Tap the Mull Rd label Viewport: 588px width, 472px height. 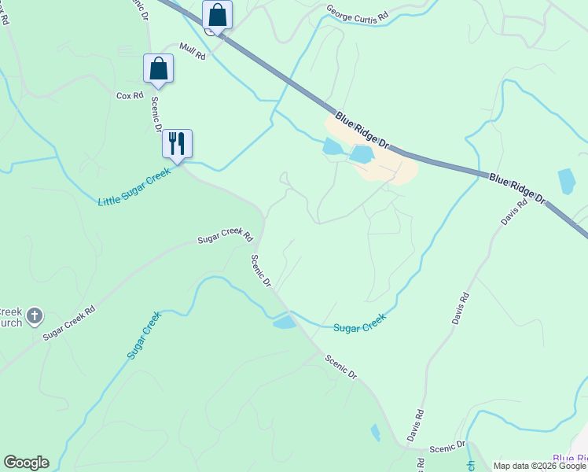[192, 51]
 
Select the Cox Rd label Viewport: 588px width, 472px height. [130, 96]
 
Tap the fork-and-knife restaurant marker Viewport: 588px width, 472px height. [177, 143]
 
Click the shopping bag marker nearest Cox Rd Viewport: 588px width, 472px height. [158, 68]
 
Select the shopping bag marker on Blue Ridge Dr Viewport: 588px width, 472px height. [217, 15]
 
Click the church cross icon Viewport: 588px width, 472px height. [35, 316]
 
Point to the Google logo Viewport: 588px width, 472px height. [26, 463]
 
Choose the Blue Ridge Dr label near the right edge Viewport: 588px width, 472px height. [516, 189]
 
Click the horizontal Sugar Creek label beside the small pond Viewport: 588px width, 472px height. [359, 323]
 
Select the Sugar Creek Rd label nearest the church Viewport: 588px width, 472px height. [68, 323]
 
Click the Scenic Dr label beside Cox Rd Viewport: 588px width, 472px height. [156, 114]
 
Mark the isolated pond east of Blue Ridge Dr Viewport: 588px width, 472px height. [567, 181]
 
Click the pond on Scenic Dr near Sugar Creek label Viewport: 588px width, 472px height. [284, 322]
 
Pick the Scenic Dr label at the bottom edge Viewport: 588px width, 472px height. [448, 447]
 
